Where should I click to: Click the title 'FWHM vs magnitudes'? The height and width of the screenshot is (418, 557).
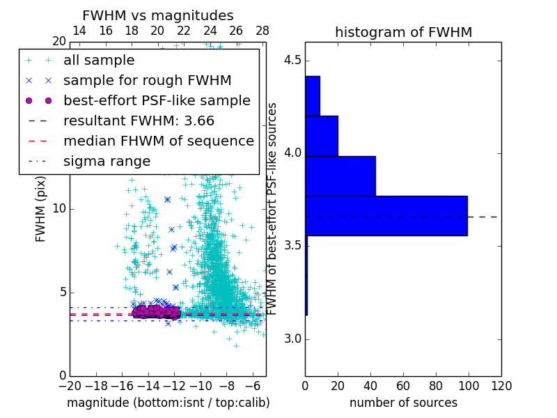click(x=158, y=16)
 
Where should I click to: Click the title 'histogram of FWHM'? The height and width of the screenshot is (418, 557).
click(x=403, y=32)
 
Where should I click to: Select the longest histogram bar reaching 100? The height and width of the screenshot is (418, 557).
click(x=386, y=216)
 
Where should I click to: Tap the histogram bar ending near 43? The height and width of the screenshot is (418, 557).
click(x=340, y=176)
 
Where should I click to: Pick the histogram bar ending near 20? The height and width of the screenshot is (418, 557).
click(x=321, y=136)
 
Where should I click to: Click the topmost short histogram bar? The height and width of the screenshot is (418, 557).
click(x=312, y=95)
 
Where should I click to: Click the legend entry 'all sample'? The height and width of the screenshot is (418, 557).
click(x=99, y=61)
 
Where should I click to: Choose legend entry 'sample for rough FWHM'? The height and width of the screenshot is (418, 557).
click(x=147, y=80)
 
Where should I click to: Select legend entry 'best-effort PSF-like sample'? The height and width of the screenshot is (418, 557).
click(x=157, y=100)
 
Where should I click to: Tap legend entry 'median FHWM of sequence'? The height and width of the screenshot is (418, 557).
click(x=158, y=141)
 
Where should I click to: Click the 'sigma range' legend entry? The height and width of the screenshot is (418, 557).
click(x=107, y=161)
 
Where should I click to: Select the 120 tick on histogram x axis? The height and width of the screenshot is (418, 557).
click(x=501, y=385)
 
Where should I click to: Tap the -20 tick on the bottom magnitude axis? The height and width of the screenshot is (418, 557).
click(x=70, y=385)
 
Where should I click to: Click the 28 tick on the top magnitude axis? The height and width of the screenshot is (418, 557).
click(x=262, y=31)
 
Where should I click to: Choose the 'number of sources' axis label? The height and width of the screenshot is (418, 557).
click(x=403, y=403)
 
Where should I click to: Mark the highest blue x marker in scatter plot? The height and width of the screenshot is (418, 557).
click(x=167, y=199)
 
